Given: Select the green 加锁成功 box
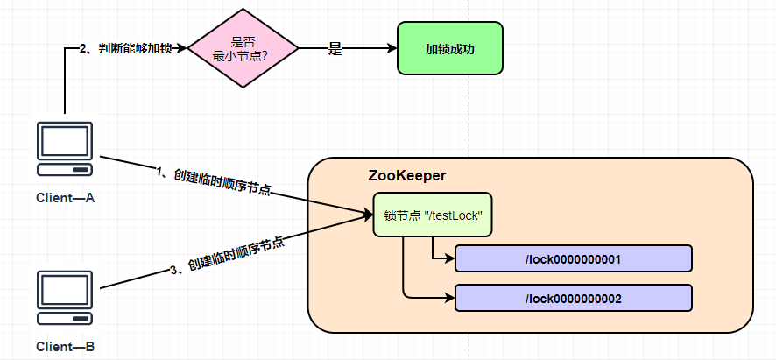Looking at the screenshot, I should (x=449, y=49).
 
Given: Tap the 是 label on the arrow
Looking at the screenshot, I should (x=335, y=50).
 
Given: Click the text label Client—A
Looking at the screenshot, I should (x=65, y=197).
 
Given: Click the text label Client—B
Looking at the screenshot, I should (x=65, y=347).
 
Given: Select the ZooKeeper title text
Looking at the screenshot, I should (x=407, y=176).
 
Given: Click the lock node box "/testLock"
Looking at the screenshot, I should (x=433, y=215).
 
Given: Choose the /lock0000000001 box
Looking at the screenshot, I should (x=573, y=258).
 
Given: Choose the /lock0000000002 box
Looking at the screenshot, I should (x=573, y=299).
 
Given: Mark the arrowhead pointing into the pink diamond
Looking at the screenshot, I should (x=182, y=49).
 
